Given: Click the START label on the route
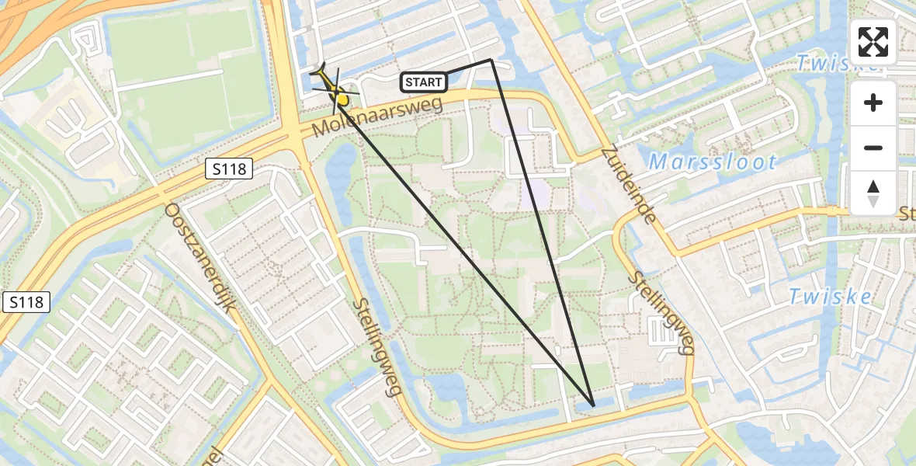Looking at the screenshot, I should tap(423, 82).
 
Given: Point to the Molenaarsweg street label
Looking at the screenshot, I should tap(378, 115).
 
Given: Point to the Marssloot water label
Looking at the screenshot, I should tap(712, 162).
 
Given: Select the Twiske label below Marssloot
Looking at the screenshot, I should tap(820, 295).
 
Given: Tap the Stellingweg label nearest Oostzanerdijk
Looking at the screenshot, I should tap(378, 347).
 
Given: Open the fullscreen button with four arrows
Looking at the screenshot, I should tap(873, 41).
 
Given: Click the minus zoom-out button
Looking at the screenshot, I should tap(873, 148).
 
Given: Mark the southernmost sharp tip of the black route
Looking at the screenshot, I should tap(593, 405).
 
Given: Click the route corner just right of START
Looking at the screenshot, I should tap(491, 59).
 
